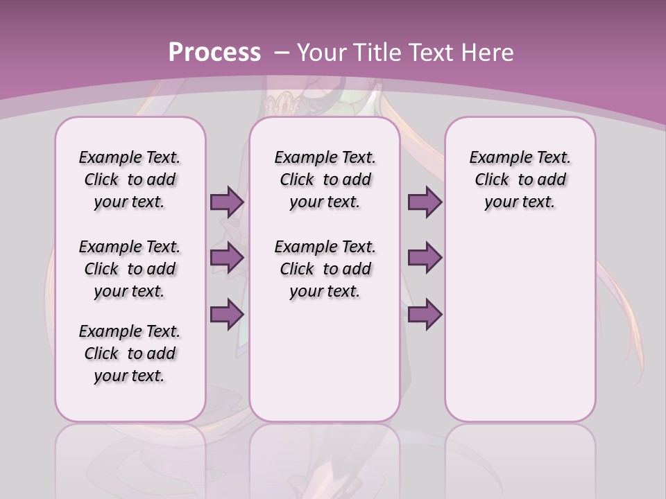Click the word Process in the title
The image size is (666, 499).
coord(214,53)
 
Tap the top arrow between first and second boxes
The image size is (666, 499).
coord(227,202)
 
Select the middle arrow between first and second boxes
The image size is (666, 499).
coord(227,259)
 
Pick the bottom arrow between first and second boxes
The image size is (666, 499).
coord(227,315)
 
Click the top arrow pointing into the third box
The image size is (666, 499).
coord(425,202)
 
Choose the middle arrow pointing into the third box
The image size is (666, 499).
coord(425,259)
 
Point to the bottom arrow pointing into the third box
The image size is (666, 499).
coord(425,315)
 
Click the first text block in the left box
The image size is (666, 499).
coord(130,180)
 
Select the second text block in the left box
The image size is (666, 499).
coord(130,269)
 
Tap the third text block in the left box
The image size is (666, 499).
coord(130,353)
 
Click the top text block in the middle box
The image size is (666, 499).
coord(325,180)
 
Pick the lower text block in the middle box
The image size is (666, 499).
coord(325,269)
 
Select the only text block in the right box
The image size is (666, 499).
coord(520,180)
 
